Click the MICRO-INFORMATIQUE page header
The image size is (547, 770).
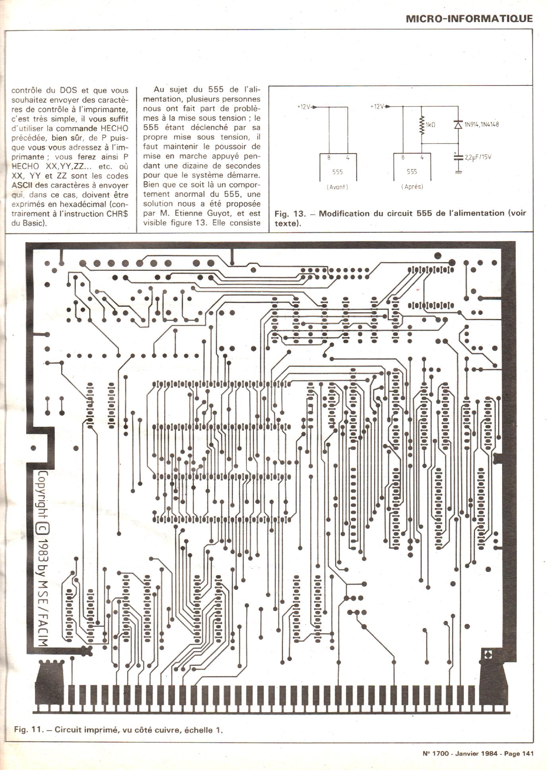[469, 18]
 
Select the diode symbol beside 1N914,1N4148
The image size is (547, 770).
[458, 124]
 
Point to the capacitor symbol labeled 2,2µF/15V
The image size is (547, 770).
[458, 157]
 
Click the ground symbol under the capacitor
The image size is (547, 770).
[458, 172]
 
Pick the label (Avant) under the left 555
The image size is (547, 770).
[337, 187]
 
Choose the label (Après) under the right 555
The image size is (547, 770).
[412, 187]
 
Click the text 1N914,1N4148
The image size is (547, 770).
[481, 124]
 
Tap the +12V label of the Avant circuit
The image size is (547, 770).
[304, 107]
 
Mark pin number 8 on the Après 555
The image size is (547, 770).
[403, 157]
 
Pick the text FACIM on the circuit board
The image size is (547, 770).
[43, 629]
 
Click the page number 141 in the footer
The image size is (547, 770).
[525, 753]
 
